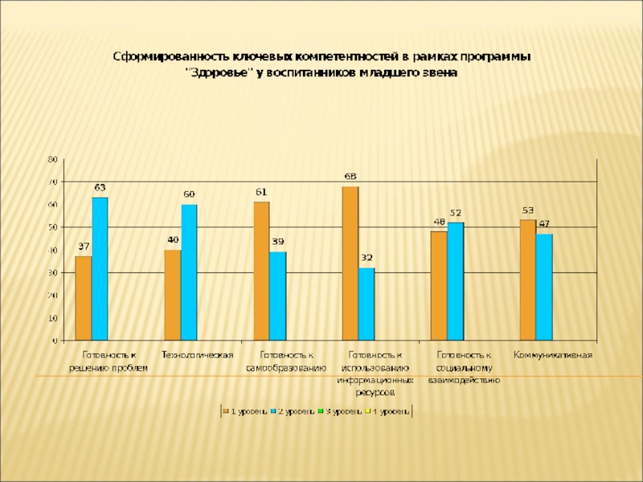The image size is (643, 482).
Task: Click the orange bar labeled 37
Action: tap(84, 298)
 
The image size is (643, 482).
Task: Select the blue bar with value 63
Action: tap(100, 269)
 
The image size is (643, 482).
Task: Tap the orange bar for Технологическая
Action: tap(172, 295)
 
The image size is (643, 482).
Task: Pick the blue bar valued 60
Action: tap(189, 272)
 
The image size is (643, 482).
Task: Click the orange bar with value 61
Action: tap(261, 271)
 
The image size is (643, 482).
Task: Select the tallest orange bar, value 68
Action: tap(350, 263)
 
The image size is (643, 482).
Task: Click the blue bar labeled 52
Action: tap(456, 281)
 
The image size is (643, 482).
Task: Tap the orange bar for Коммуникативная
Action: tap(527, 280)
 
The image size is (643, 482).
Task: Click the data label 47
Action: tap(544, 223)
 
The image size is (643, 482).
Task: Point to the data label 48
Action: tap(440, 221)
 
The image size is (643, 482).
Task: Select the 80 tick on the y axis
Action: tap(52, 160)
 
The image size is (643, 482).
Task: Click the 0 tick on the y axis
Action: tap(55, 341)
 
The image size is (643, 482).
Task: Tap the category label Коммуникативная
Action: tap(553, 354)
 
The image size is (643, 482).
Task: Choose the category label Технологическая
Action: tap(198, 354)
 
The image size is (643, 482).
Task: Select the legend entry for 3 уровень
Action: tap(342, 411)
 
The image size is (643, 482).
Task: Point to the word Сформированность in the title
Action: tap(170, 57)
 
